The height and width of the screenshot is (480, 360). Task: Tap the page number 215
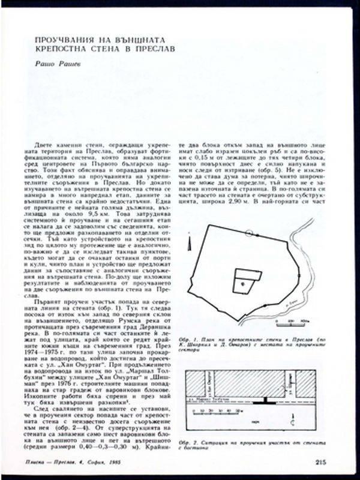pos(320,461)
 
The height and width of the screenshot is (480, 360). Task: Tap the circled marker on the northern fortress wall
pos(249,232)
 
